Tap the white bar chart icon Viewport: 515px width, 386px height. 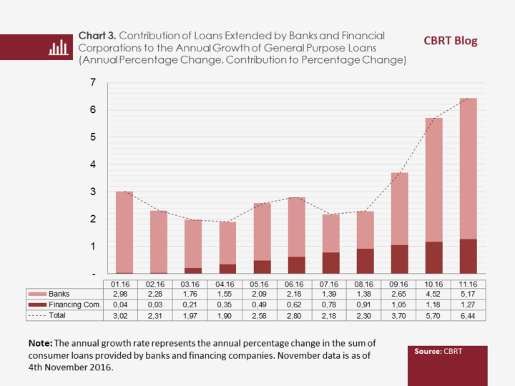pyautogui.click(x=58, y=46)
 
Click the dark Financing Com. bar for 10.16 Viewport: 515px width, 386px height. pyautogui.click(x=433, y=257)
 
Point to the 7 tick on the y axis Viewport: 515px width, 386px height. pyautogui.click(x=93, y=83)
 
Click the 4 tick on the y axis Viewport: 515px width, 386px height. pyautogui.click(x=93, y=164)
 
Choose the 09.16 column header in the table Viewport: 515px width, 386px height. pyautogui.click(x=399, y=284)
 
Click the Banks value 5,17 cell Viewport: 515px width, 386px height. pyautogui.click(x=468, y=294)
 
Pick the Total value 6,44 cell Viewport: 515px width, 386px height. pyautogui.click(x=468, y=315)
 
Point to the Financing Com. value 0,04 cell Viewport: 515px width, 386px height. pyautogui.click(x=124, y=305)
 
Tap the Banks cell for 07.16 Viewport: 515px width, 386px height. pyautogui.click(x=330, y=294)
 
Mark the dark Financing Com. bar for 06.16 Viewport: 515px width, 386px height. pyautogui.click(x=296, y=265)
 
